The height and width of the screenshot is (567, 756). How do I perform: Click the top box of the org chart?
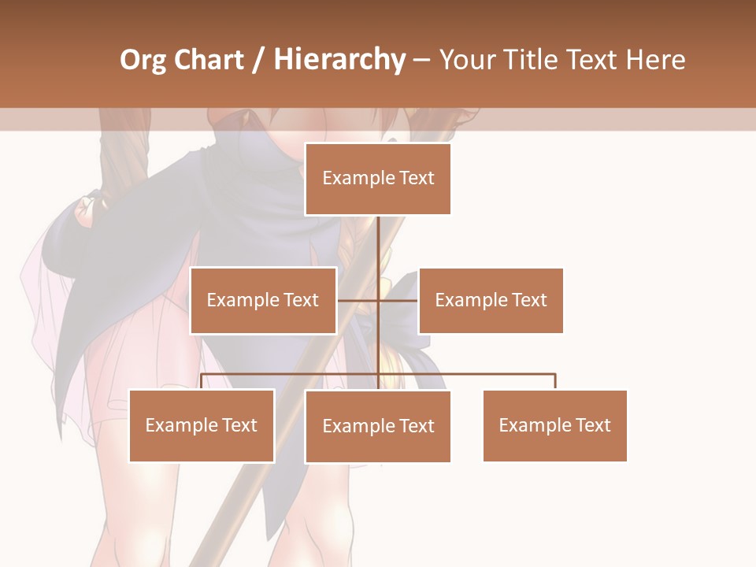click(378, 179)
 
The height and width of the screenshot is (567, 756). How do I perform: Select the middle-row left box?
click(263, 300)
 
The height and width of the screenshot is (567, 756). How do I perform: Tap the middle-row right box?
click(491, 300)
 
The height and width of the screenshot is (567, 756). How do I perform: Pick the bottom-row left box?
click(202, 425)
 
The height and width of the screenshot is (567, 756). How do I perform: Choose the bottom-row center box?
click(378, 426)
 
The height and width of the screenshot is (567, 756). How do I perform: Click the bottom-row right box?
click(554, 425)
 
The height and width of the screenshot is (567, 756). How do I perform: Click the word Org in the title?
click(143, 60)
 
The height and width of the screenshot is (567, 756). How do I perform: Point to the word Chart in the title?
click(209, 60)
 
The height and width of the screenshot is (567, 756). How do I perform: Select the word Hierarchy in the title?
click(339, 60)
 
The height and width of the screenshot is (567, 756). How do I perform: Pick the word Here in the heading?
click(655, 60)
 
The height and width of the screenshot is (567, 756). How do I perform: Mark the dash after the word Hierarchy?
click(421, 61)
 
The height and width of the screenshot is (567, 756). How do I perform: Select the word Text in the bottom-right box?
click(593, 425)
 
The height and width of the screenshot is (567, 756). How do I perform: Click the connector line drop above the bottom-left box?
click(202, 381)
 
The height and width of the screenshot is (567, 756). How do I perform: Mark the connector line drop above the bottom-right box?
click(555, 381)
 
